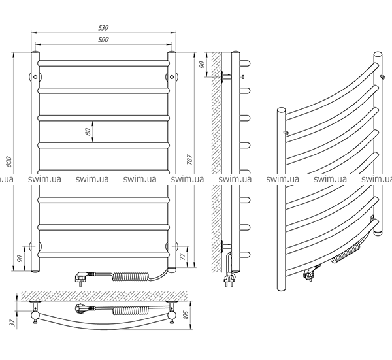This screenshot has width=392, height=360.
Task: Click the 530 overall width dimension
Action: [103, 28]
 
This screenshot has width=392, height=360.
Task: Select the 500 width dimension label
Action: [103, 40]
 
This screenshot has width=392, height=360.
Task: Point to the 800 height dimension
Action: [8, 162]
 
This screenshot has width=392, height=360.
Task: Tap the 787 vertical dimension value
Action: [189, 160]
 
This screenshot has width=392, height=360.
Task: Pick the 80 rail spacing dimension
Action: [88, 131]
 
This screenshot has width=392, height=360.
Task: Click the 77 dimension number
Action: [183, 257]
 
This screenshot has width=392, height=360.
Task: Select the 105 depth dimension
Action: [186, 315]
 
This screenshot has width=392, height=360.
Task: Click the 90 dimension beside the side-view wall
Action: [203, 64]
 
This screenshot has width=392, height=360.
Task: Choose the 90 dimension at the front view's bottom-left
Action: [20, 258]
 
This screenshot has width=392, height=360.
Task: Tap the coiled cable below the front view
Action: [131, 277]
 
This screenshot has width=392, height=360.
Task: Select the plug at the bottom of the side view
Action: [229, 278]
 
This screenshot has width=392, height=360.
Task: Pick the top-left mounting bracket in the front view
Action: [35, 76]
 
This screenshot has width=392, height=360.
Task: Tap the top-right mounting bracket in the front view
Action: [172, 76]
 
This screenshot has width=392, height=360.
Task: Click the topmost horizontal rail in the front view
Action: [103, 63]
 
